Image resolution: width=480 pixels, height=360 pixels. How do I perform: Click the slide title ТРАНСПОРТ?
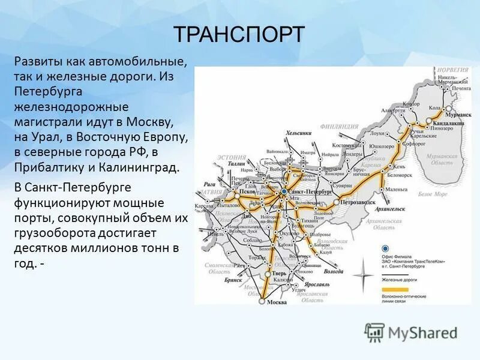click(x=239, y=34)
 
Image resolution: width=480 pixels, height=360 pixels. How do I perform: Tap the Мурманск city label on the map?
click(x=459, y=113)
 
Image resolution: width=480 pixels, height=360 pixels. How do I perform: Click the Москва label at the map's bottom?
click(x=276, y=301)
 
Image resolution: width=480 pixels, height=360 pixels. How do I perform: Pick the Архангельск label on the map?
click(x=390, y=208)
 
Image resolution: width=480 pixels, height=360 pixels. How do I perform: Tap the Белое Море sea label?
click(x=433, y=194)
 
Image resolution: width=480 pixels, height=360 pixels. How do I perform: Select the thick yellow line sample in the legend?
click(x=395, y=289)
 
